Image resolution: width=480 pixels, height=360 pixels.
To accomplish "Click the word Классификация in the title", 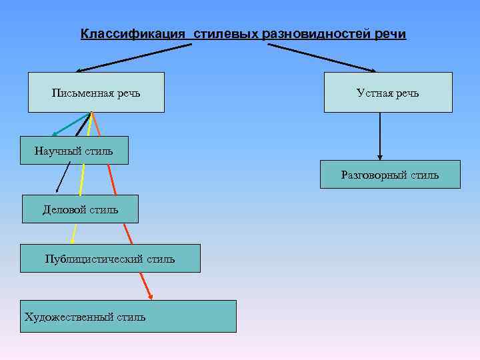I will click(133, 33).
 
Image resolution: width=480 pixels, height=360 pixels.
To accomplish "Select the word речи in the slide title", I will click(390, 33).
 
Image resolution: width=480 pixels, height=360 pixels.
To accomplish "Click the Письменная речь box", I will click(96, 92).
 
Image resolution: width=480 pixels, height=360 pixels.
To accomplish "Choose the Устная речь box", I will click(387, 92).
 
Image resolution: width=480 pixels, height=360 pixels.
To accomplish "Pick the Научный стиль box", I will click(73, 151).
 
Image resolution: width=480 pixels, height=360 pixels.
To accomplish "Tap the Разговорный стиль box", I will click(390, 175).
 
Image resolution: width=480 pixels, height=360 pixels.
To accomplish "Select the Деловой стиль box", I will click(80, 209).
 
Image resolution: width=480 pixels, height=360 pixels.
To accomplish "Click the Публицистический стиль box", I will click(110, 259).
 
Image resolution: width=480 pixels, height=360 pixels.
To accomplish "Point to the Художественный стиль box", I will click(128, 317).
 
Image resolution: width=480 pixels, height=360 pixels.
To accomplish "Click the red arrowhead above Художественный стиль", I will click(151, 295).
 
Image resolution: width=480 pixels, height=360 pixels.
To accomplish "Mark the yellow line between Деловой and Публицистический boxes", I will click(73, 233).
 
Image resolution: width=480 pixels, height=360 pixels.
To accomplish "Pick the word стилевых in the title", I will click(226, 33).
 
